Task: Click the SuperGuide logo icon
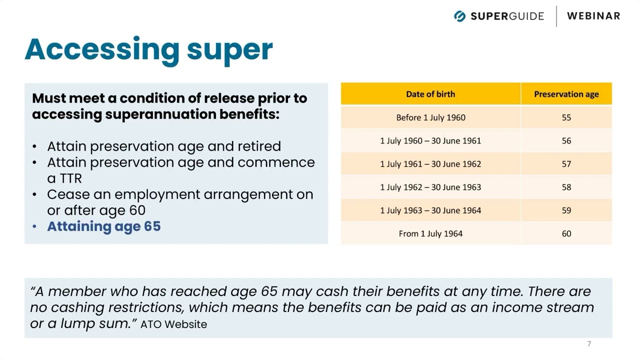(x=459, y=16)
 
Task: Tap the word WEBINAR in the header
(x=593, y=16)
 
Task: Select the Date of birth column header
(x=430, y=94)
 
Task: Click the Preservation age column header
(x=566, y=94)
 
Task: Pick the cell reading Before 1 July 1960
(x=430, y=117)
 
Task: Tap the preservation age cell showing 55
(x=566, y=117)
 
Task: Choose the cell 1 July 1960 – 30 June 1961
(x=430, y=140)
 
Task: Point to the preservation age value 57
(x=566, y=163)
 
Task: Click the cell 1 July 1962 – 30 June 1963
(x=430, y=187)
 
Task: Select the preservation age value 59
(x=566, y=210)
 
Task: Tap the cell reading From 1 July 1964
(x=430, y=233)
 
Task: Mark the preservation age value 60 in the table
(x=566, y=233)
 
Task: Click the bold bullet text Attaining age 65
(x=104, y=226)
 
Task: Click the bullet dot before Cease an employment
(x=34, y=194)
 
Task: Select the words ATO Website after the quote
(x=173, y=324)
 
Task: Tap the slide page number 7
(x=589, y=343)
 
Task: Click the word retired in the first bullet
(x=259, y=146)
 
